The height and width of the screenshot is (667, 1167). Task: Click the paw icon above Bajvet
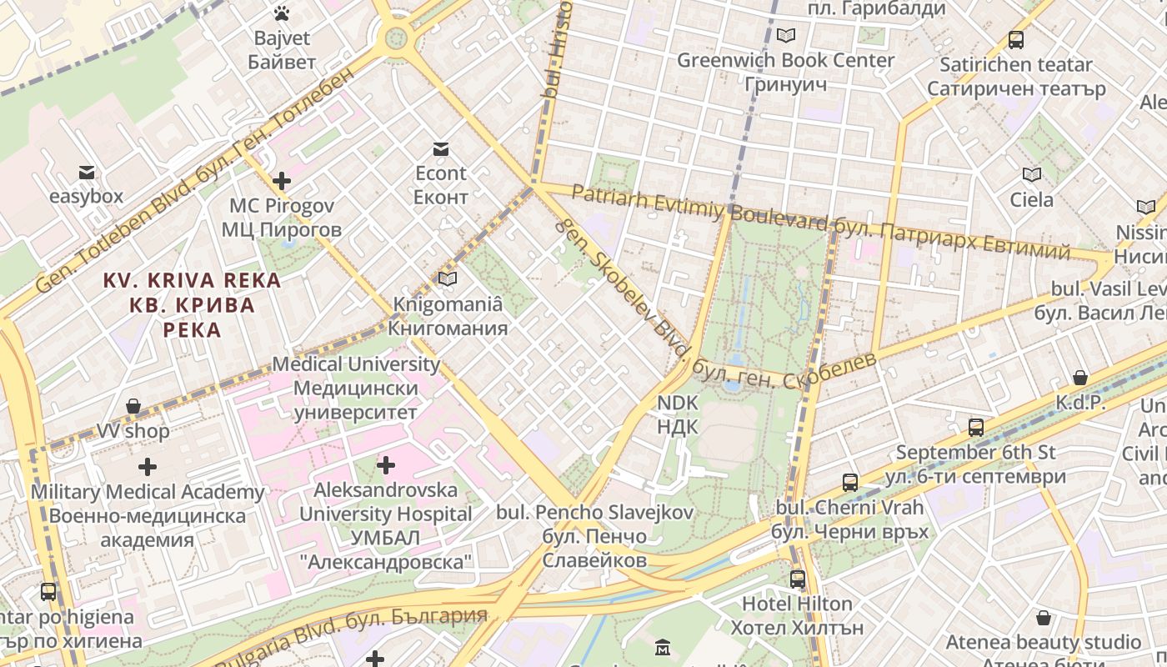coord(282,13)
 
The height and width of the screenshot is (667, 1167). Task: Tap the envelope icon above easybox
coord(87,173)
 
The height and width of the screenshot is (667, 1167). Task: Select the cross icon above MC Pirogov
coord(282,180)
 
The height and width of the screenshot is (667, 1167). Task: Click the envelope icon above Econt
coord(441,149)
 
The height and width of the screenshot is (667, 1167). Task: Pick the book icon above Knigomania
coord(448,279)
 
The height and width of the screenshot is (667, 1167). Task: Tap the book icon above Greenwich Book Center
coord(785,36)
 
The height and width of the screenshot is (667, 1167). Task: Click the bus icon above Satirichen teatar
coord(1016,39)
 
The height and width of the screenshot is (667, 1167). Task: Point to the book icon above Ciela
coord(1032,175)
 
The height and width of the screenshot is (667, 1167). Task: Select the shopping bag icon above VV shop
coord(133,407)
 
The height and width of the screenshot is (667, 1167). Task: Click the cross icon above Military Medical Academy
coord(148,467)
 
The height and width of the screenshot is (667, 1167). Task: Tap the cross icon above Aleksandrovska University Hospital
coord(386,464)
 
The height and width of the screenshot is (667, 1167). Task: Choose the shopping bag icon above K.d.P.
coord(1080,379)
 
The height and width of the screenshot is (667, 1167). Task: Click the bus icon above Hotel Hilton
coord(798,579)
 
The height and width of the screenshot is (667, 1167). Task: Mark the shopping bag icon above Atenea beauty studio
coord(1044,618)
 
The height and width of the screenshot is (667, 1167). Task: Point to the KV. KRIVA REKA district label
coord(192,281)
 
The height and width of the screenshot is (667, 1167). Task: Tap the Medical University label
coord(356,364)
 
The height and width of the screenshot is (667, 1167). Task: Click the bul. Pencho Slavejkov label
coord(594,512)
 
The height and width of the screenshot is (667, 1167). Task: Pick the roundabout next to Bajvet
coord(396,38)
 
